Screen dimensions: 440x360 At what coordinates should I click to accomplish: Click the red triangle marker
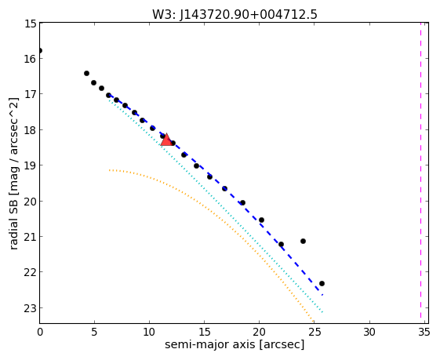coord(166,140)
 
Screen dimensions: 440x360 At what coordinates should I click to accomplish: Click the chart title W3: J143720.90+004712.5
coord(235,14)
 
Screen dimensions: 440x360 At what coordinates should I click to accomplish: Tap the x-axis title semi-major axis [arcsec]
coord(235,345)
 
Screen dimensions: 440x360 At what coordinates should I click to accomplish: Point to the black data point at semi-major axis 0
coord(40,50)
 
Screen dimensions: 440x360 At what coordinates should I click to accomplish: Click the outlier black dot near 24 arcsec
coord(303,241)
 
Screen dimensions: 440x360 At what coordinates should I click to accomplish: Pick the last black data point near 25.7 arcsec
coord(322,283)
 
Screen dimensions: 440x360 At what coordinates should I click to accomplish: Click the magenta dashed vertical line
coord(420,170)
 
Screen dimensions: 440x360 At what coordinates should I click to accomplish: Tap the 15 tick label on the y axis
coord(31,24)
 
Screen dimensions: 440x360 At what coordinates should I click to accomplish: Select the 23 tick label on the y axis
coord(31,308)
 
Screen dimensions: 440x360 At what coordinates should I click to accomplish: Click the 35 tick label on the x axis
coord(424,333)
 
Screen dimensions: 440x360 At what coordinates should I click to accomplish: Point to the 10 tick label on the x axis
coord(149,333)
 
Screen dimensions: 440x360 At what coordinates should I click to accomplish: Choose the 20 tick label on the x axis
coord(260,333)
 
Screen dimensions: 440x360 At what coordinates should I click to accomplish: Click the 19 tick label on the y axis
coord(31,165)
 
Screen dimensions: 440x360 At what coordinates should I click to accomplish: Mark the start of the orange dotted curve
coord(110,170)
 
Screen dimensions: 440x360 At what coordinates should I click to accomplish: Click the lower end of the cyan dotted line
coord(322,312)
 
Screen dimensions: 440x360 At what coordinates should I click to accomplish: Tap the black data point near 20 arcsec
coord(261,220)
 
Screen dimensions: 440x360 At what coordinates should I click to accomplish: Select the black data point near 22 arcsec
coord(281,244)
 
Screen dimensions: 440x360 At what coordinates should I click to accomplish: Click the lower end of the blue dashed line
coord(322,295)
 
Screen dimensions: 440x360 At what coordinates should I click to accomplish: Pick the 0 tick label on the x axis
coord(40,333)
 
